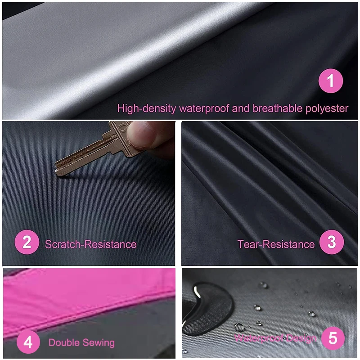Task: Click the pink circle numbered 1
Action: [x=331, y=81]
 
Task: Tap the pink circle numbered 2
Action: [x=27, y=243]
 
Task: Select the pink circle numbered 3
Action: [x=332, y=243]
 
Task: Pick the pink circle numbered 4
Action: [x=28, y=342]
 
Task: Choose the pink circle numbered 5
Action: [x=333, y=338]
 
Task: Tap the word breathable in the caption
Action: [x=274, y=108]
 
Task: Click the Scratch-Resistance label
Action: [x=90, y=244]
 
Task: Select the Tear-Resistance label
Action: [x=276, y=244]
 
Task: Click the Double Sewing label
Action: [x=81, y=342]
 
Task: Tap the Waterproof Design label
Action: [x=275, y=338]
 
